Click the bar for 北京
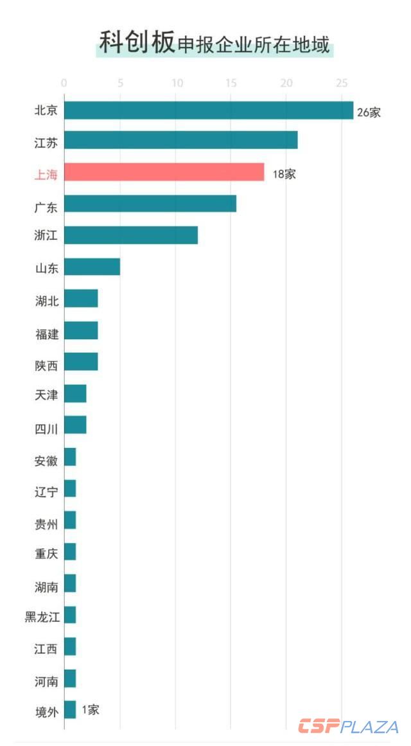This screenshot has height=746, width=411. click(x=209, y=111)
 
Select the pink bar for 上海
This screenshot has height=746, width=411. click(x=164, y=172)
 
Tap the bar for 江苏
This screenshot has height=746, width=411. click(x=180, y=140)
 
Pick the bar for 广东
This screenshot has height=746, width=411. click(x=150, y=204)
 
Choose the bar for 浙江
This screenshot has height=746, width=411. click(x=131, y=235)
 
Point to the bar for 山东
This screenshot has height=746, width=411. click(x=92, y=267)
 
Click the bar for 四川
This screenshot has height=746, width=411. click(x=75, y=425)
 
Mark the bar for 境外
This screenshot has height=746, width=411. click(x=70, y=709)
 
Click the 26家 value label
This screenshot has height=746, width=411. click(x=369, y=112)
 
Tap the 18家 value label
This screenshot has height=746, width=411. click(x=284, y=173)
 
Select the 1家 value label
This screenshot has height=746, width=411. click(x=91, y=710)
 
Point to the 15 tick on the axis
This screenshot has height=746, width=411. click(x=231, y=84)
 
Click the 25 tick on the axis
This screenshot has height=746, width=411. click(x=342, y=84)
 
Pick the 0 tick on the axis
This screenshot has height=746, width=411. click(x=64, y=84)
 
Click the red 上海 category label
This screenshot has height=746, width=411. click(x=46, y=173)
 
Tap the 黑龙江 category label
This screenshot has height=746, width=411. click(x=42, y=617)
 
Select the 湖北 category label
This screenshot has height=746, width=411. click(x=46, y=300)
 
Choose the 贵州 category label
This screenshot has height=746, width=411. click(x=46, y=524)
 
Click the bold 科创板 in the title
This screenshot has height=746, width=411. click(x=136, y=42)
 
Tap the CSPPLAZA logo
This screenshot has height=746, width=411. click(x=348, y=727)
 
